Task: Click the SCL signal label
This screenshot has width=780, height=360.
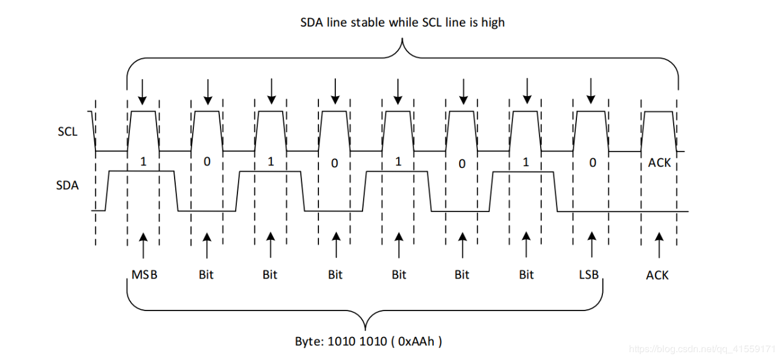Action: click(68, 131)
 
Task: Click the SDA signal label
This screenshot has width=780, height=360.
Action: click(67, 185)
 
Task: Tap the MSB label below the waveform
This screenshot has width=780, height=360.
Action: click(144, 275)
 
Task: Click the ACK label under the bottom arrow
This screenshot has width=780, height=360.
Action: click(657, 275)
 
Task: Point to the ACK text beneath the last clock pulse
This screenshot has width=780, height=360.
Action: click(659, 162)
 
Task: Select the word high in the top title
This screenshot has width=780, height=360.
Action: click(492, 23)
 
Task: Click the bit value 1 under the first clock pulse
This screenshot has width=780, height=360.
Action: click(143, 162)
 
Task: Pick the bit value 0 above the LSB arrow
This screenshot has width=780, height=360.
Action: click(592, 162)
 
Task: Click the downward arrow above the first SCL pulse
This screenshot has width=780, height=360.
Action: click(143, 91)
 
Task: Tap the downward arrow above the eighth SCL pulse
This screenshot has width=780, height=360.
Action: click(591, 91)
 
